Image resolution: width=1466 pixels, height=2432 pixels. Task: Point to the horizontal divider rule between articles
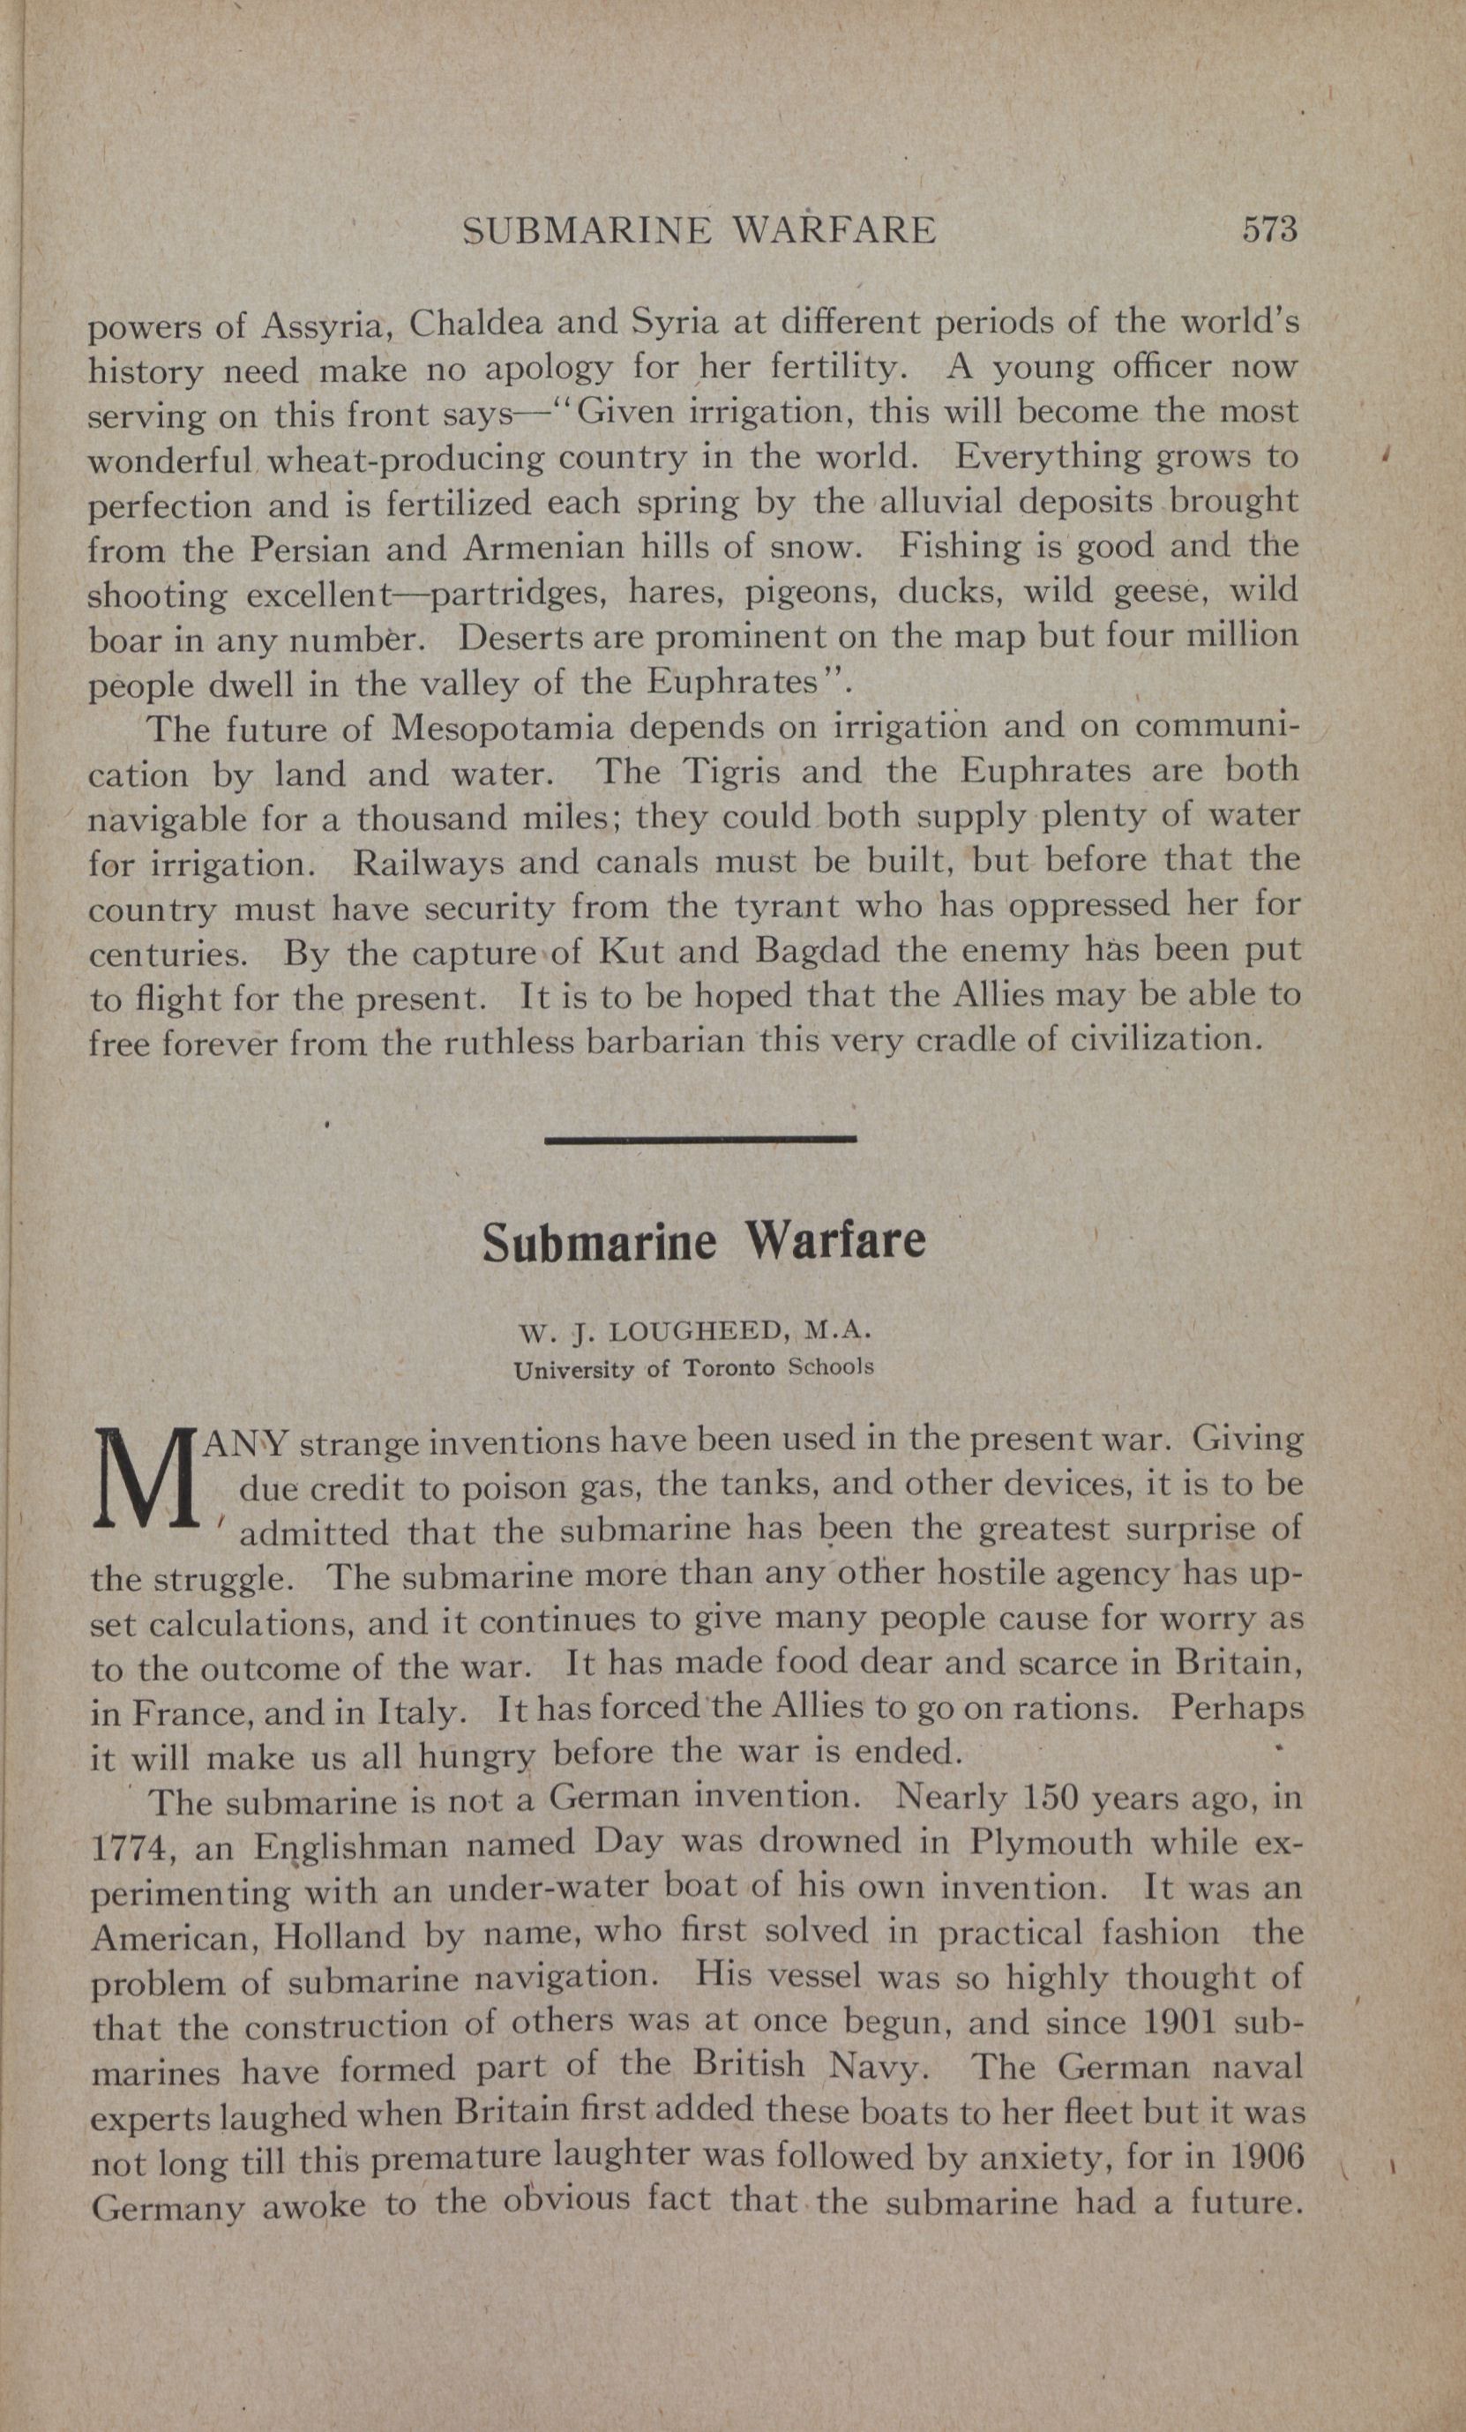[x=700, y=1140]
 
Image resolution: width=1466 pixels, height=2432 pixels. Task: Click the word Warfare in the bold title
[x=835, y=1244]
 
